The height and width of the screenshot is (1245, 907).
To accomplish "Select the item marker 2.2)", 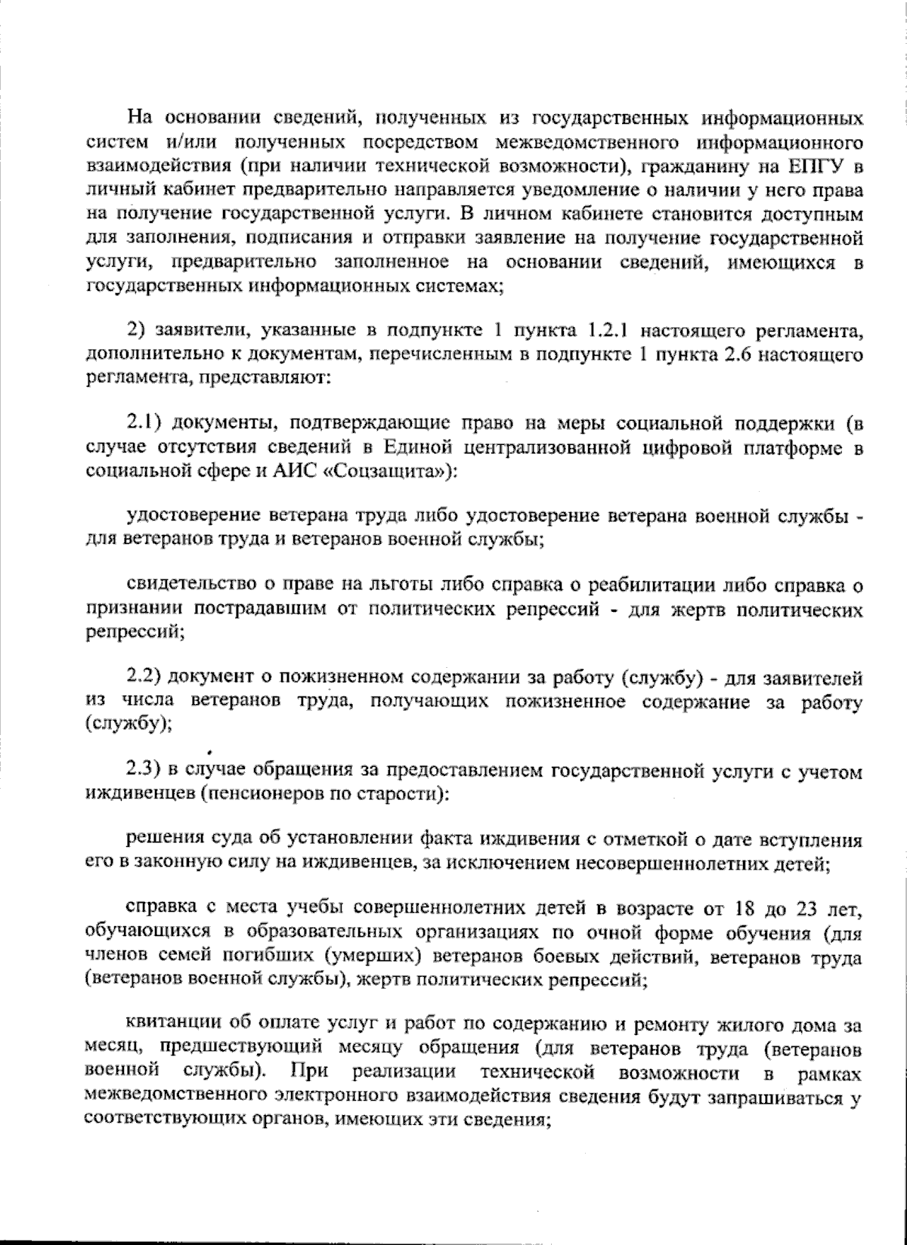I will [x=145, y=676].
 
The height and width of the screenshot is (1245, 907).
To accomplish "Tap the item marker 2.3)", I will [x=145, y=772].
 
